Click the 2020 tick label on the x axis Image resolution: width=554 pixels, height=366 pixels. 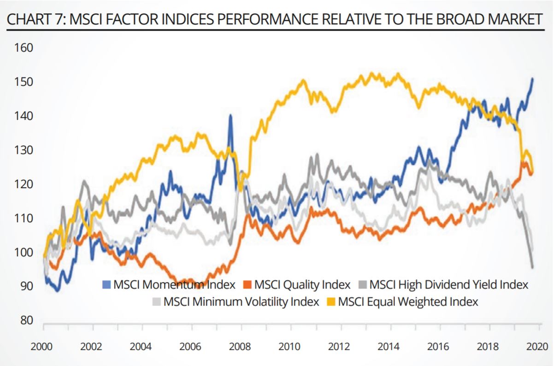(536, 346)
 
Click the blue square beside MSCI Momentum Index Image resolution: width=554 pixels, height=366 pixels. (105, 284)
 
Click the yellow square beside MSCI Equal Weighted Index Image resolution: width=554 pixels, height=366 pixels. (331, 302)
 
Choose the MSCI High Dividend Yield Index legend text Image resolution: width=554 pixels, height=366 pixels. (448, 284)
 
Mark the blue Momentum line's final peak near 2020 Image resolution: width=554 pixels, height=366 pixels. (532, 78)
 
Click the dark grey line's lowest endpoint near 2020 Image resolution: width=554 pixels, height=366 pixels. (532, 267)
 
